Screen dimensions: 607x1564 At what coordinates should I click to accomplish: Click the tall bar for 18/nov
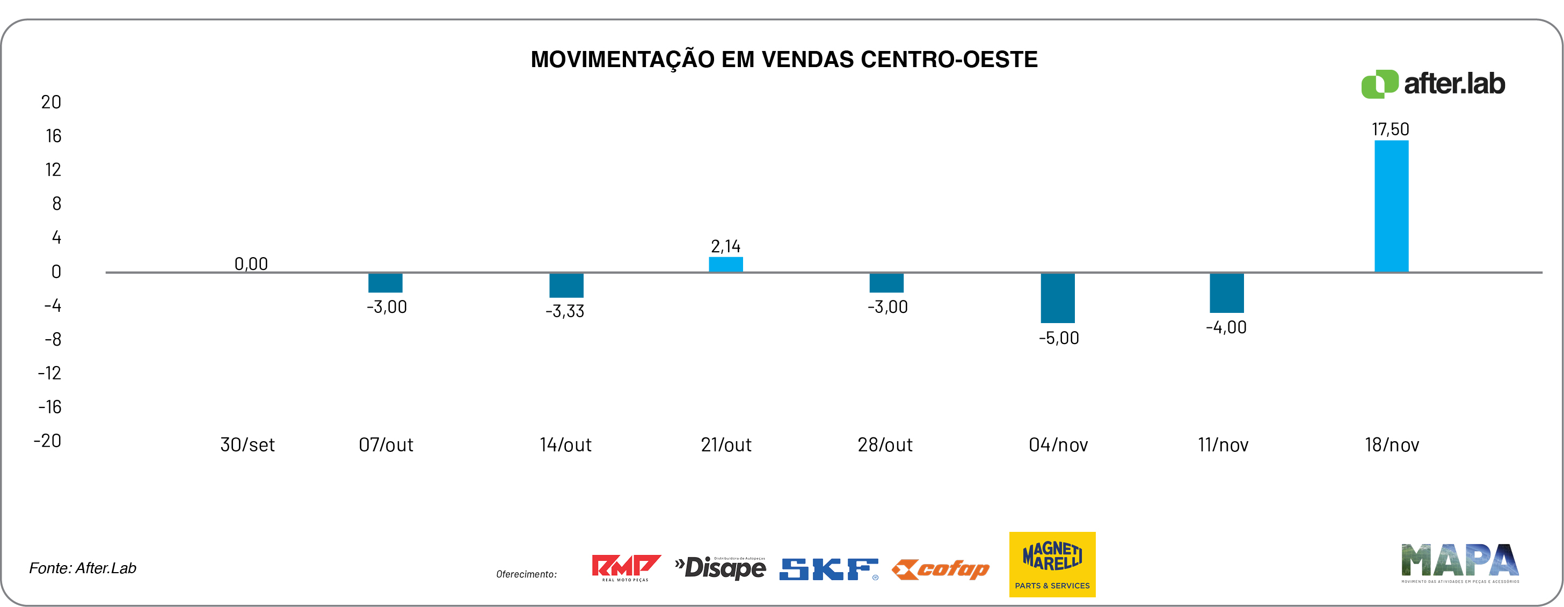(x=1391, y=207)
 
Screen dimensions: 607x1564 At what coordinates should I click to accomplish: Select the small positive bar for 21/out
(x=725, y=265)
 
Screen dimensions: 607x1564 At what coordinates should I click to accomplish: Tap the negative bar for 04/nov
(x=1058, y=298)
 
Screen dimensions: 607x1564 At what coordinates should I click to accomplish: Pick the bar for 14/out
(x=566, y=286)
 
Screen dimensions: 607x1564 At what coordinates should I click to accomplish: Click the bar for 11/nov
(x=1226, y=293)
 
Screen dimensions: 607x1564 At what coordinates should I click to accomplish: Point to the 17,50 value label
(x=1391, y=129)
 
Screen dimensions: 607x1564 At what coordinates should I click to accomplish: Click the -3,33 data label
(x=565, y=311)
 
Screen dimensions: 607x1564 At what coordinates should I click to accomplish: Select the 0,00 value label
(x=251, y=264)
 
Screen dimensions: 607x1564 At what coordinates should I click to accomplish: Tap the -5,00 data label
(x=1059, y=338)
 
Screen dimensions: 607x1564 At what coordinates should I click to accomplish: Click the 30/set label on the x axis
(x=247, y=445)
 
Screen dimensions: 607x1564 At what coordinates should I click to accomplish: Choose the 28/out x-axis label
(x=885, y=445)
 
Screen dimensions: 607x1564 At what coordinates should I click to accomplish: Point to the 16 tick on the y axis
(x=54, y=136)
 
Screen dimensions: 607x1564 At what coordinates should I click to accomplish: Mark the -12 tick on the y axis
(x=50, y=372)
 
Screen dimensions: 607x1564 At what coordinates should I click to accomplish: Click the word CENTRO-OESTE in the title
(x=949, y=60)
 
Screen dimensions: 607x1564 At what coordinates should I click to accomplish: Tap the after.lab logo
(x=1433, y=84)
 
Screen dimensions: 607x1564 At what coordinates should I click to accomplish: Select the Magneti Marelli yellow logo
(x=1052, y=564)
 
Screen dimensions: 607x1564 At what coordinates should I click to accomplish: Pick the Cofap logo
(x=941, y=569)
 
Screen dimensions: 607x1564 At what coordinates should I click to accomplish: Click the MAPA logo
(x=1459, y=562)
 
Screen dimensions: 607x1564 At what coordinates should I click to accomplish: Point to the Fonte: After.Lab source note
(x=83, y=568)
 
